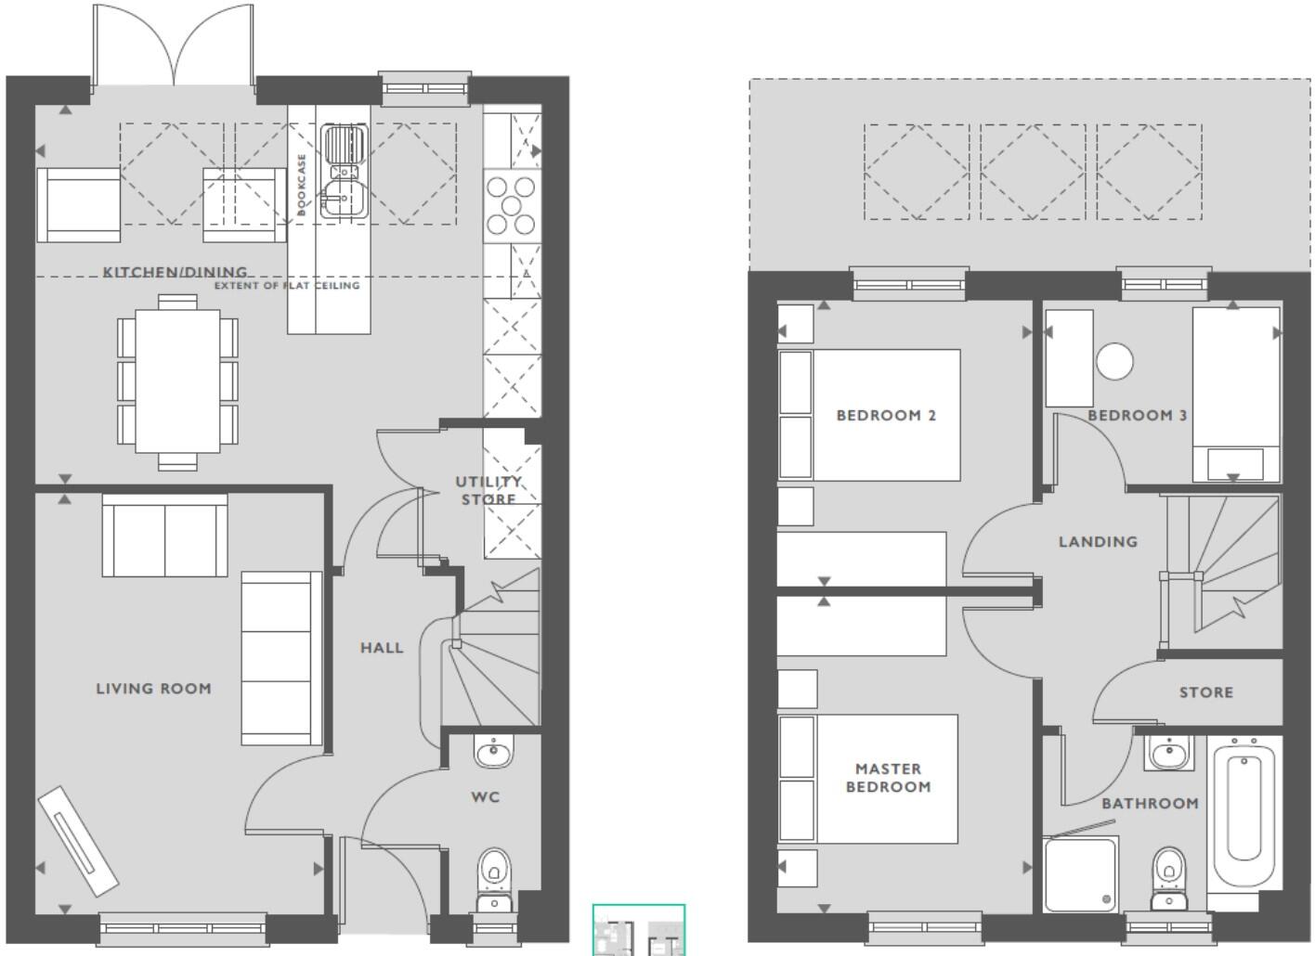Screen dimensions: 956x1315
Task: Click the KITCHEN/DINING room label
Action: click(x=176, y=272)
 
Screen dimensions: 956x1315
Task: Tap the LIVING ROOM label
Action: click(x=154, y=689)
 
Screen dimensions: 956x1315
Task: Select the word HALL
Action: click(x=382, y=648)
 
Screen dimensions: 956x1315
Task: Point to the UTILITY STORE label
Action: click(x=488, y=490)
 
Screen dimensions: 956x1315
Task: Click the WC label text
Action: click(x=486, y=796)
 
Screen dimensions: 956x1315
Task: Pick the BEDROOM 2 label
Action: click(x=886, y=415)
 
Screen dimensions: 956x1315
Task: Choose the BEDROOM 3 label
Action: click(x=1138, y=415)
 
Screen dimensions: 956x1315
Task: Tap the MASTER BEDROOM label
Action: click(x=888, y=778)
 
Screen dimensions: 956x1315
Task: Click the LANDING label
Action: click(x=1098, y=541)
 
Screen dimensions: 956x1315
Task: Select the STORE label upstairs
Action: click(x=1206, y=692)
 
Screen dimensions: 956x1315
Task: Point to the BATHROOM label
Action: click(x=1150, y=803)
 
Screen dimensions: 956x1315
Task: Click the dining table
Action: click(x=177, y=381)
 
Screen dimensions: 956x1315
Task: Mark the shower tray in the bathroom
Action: click(x=1081, y=873)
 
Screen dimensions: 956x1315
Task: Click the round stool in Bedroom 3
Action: click(x=1114, y=361)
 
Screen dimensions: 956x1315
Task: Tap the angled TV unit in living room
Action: click(x=78, y=841)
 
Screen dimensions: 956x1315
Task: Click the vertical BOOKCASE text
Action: click(x=302, y=184)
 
